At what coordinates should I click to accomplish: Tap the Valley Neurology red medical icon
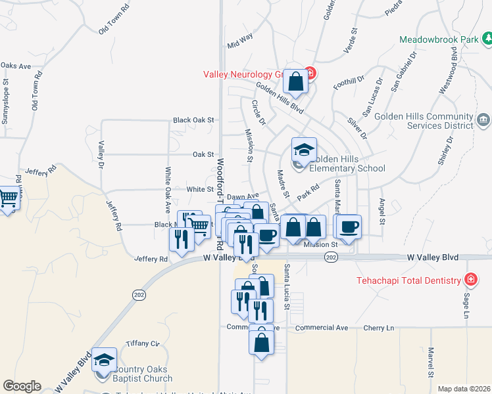tap(311, 73)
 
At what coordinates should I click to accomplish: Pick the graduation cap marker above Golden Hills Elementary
tap(304, 150)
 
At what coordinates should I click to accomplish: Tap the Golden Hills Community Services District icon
tap(483, 120)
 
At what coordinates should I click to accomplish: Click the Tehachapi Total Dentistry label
tap(408, 280)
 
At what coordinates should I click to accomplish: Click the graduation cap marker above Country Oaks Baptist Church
tap(104, 359)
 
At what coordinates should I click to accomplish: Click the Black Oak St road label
tap(194, 120)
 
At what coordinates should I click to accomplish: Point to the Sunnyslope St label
tap(6, 102)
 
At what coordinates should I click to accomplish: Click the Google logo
tap(22, 385)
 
